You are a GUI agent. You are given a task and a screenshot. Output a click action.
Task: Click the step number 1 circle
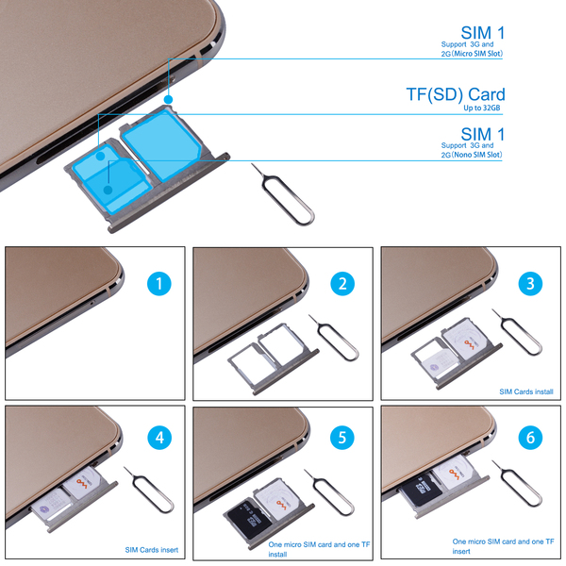[x=159, y=284]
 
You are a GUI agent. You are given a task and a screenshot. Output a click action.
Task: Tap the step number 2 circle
[x=342, y=284]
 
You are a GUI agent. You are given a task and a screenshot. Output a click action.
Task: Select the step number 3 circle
[x=530, y=284]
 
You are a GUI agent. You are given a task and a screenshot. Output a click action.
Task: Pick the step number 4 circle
[x=159, y=438]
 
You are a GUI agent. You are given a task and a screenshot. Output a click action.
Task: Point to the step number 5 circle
[x=342, y=438]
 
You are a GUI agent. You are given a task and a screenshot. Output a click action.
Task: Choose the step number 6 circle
[x=530, y=438]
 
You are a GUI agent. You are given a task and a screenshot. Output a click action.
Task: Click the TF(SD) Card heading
[x=456, y=94]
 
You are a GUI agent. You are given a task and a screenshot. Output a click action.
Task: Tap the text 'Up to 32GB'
[x=482, y=108]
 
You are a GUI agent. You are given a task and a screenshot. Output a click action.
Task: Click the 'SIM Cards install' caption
[x=526, y=391]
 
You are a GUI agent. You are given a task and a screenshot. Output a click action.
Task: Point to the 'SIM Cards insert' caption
[x=152, y=550]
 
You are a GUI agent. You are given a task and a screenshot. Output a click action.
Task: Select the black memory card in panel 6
[x=420, y=489]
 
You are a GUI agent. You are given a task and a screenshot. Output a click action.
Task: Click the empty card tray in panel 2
[x=274, y=358]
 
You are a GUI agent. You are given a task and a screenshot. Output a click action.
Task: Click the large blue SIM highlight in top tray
[x=160, y=144]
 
